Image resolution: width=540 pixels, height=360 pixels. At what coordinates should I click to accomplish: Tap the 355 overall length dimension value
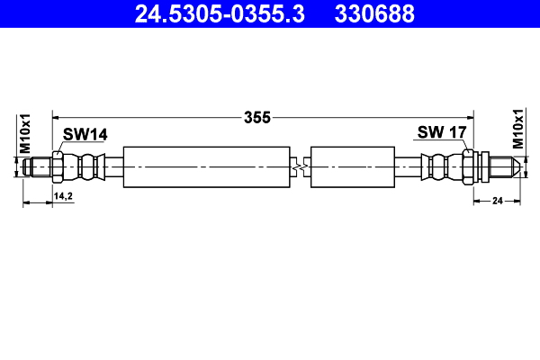pyautogui.click(x=258, y=117)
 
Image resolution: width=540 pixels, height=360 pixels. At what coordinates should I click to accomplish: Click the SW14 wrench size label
pyautogui.click(x=85, y=134)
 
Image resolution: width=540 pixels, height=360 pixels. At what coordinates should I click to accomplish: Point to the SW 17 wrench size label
pyautogui.click(x=441, y=133)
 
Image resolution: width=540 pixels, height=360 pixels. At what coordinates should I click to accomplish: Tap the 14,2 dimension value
pyautogui.click(x=63, y=194)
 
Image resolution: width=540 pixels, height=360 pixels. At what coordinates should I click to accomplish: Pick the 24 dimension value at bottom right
pyautogui.click(x=496, y=202)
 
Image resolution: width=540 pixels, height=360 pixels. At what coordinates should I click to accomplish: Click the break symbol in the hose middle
pyautogui.click(x=301, y=166)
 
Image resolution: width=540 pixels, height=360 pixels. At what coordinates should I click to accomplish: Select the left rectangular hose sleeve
pyautogui.click(x=207, y=166)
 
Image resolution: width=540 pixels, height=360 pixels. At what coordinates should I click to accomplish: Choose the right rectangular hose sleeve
pyautogui.click(x=352, y=166)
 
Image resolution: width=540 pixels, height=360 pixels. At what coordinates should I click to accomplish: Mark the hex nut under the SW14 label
pyautogui.click(x=58, y=166)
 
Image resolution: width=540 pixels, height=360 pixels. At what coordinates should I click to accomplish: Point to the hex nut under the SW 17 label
pyautogui.click(x=469, y=166)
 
